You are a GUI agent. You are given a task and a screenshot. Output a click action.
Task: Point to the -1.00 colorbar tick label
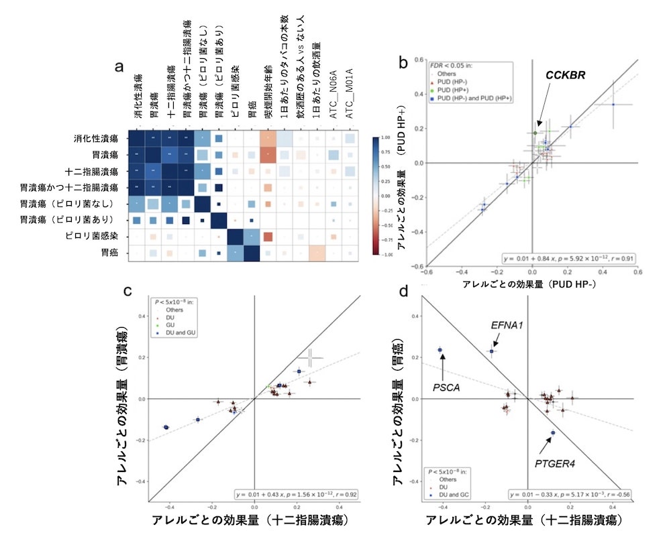point(387,255)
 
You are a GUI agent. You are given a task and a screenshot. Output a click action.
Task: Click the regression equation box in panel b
point(564,257)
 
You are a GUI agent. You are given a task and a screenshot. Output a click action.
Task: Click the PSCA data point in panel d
point(440,349)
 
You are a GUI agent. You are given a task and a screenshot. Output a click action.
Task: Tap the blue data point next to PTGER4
point(553,433)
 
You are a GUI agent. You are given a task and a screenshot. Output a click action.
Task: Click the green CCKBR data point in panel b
point(535,133)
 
